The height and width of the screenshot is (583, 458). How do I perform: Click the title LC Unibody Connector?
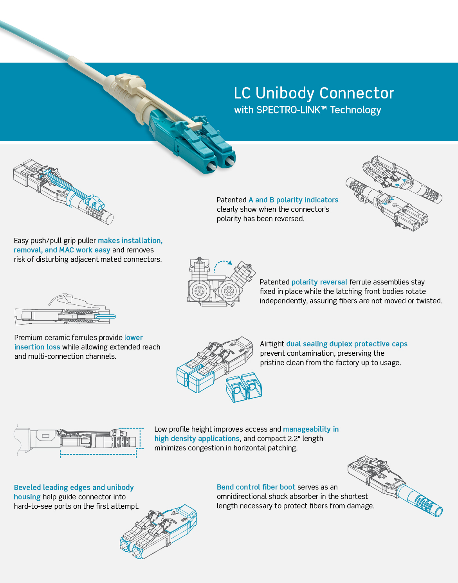click(314, 93)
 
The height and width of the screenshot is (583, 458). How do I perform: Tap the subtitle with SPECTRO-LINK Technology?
click(307, 110)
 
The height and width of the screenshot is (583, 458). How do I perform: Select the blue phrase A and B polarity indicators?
click(293, 200)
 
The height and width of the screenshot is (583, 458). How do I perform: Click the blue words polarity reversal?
click(319, 282)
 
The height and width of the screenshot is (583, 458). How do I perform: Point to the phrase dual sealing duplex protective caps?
click(347, 344)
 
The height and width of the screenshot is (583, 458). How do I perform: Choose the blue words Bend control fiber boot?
click(256, 487)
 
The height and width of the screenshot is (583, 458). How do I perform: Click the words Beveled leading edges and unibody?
click(74, 488)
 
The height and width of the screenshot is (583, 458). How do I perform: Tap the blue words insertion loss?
click(37, 347)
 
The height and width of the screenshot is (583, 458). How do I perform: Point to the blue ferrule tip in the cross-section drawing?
click(108, 316)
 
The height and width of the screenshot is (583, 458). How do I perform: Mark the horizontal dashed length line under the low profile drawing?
click(98, 454)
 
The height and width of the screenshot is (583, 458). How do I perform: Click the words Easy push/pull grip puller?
click(55, 241)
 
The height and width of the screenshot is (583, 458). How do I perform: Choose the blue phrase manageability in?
click(311, 429)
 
